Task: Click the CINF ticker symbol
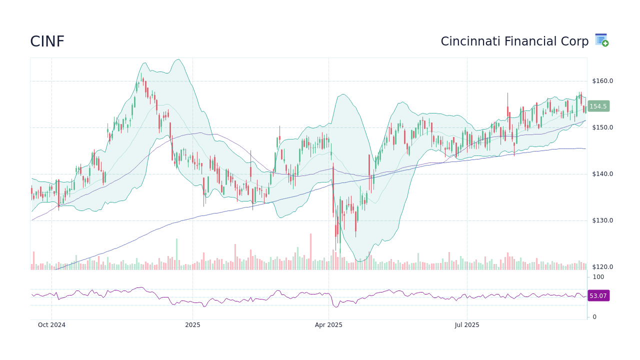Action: (x=47, y=41)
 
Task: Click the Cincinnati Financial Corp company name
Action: (x=514, y=41)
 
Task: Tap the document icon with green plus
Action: (x=601, y=40)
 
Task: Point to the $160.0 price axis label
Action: (x=602, y=81)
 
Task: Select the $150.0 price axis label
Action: (x=602, y=127)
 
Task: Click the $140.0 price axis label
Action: (x=602, y=174)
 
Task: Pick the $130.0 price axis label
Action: (x=602, y=220)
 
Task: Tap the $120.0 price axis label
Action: (x=602, y=267)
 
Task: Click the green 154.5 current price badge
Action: (x=598, y=106)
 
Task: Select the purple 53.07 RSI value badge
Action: (x=598, y=296)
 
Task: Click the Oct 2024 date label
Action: (x=51, y=325)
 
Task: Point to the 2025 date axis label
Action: (x=192, y=325)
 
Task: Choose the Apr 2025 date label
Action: (x=328, y=325)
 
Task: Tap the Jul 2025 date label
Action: (x=467, y=325)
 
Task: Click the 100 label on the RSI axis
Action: (x=598, y=277)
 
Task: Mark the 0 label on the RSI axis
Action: (x=594, y=317)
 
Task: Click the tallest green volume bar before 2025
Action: (x=176, y=254)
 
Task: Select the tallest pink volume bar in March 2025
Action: (x=310, y=251)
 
